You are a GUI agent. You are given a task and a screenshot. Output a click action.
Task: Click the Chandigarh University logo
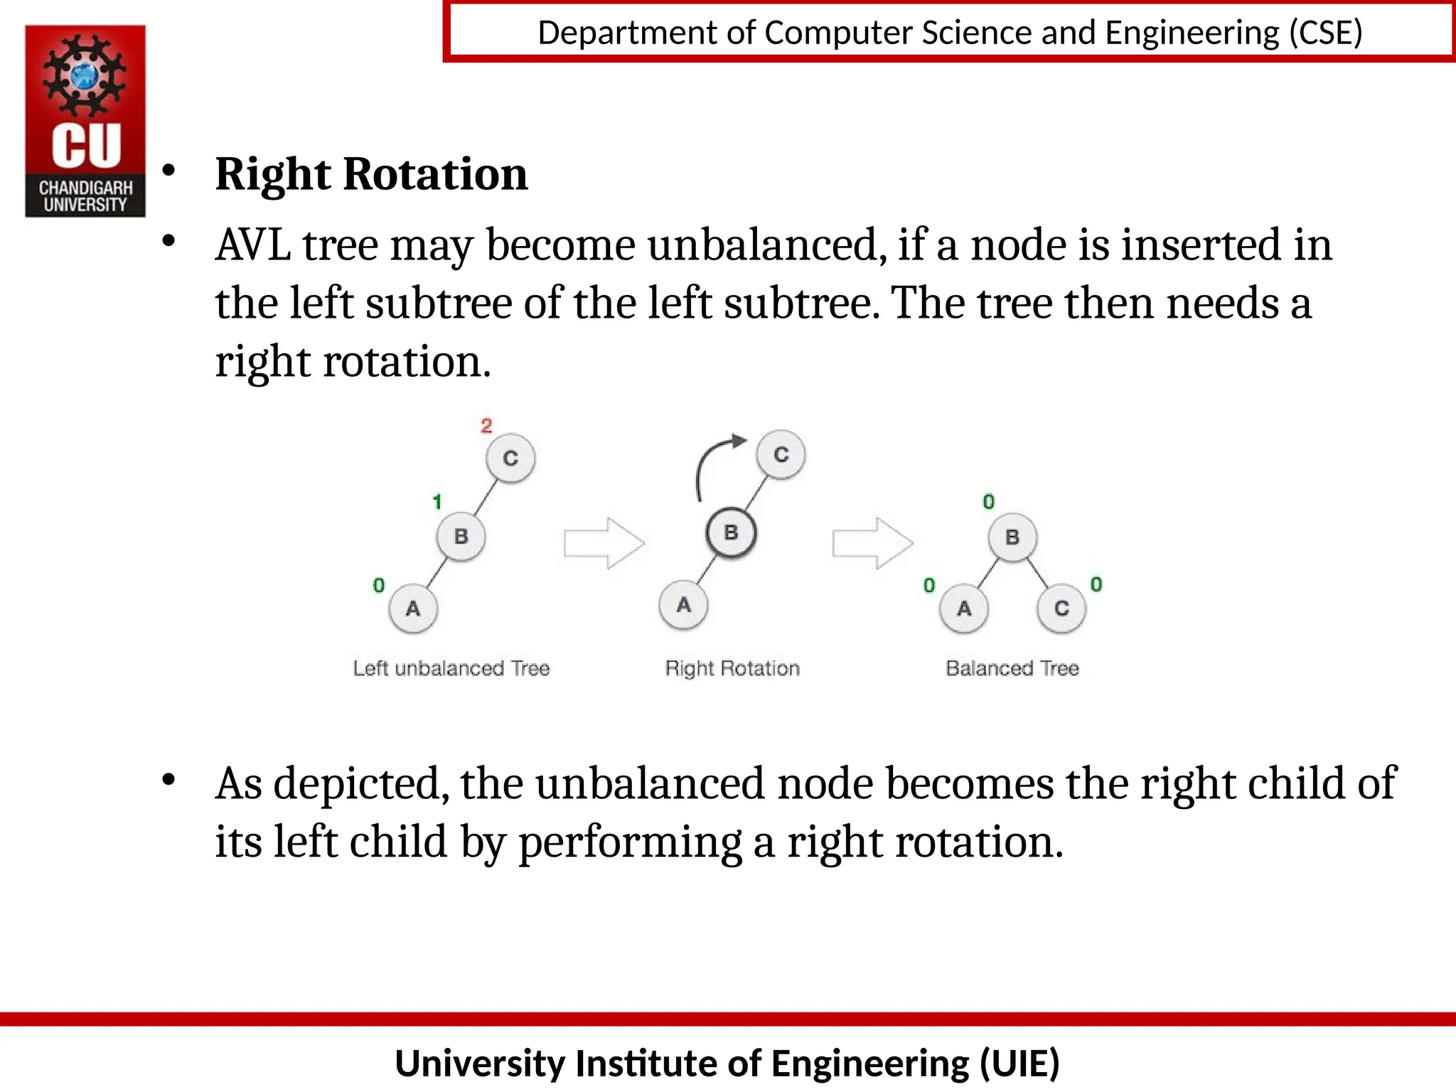pos(85,121)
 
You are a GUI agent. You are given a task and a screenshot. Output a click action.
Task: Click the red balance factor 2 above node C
pos(486,426)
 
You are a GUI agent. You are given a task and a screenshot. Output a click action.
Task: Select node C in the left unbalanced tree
pos(510,459)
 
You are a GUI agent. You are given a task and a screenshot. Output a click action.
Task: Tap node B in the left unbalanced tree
pos(461,536)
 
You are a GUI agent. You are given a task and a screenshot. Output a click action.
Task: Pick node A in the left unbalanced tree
pos(413,609)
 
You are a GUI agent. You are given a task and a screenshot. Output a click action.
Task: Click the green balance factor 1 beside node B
pos(437,502)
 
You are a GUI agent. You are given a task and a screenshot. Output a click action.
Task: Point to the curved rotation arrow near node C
pos(714,462)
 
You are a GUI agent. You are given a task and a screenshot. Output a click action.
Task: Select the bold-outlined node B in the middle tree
pos(731,532)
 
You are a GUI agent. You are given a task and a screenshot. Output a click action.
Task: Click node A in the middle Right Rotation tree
pos(683,605)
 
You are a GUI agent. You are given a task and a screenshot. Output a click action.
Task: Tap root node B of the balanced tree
pos(1012,537)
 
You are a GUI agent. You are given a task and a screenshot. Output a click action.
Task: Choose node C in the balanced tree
pos(1061,609)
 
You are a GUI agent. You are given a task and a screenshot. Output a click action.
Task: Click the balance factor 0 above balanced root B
pos(988,502)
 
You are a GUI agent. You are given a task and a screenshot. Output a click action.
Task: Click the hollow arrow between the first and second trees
pos(604,544)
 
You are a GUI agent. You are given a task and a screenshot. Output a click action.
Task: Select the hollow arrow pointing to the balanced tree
pos(872,544)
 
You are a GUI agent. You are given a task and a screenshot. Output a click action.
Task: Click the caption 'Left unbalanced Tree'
pos(451,668)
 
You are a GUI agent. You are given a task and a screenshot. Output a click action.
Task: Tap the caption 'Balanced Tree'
pos(1012,668)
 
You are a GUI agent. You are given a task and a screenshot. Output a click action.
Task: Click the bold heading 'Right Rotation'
pos(371,174)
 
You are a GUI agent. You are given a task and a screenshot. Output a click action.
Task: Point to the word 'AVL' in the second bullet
pos(253,245)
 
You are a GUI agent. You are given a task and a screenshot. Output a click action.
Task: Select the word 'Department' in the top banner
pos(628,33)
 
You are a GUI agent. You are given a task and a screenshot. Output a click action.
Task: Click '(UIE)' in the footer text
pos(1019,1064)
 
